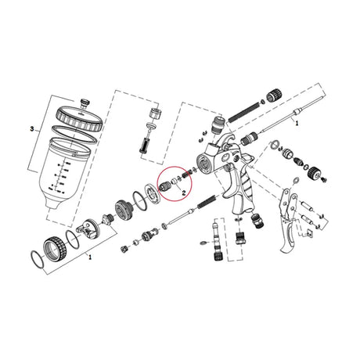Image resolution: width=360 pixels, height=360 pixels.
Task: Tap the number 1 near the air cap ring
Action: (89, 256)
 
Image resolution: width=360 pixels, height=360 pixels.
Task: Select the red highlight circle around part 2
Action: (172, 185)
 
